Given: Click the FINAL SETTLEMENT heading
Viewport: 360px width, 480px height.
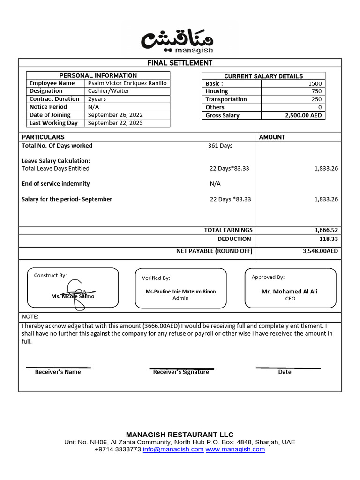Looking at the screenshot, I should point(180,63).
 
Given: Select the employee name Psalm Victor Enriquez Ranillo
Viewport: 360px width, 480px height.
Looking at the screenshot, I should point(127,83).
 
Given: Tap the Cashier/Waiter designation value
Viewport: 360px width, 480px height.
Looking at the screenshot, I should point(109,91).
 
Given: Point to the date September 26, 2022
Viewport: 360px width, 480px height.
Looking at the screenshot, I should point(115,115).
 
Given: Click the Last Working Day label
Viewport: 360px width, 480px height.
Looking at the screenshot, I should point(53,123).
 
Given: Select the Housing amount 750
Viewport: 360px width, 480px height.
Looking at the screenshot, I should point(316,91).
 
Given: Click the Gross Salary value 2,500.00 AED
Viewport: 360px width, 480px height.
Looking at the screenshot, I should point(303,115).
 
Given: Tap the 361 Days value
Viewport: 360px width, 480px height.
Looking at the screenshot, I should point(220,146).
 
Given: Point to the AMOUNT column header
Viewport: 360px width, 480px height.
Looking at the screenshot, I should point(272,137).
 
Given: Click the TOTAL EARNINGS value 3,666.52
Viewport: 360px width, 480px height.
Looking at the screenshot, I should point(326,230).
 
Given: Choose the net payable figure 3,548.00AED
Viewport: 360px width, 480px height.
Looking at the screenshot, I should point(320,251).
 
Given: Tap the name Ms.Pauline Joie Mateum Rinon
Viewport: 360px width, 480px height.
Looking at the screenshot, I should point(180,292).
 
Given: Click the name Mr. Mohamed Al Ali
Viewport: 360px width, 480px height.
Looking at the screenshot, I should point(289,292).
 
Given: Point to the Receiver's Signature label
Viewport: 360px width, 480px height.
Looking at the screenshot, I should point(181,372).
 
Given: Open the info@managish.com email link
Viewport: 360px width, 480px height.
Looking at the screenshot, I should point(173,450).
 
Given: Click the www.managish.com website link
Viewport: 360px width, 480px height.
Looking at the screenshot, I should point(235,450).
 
